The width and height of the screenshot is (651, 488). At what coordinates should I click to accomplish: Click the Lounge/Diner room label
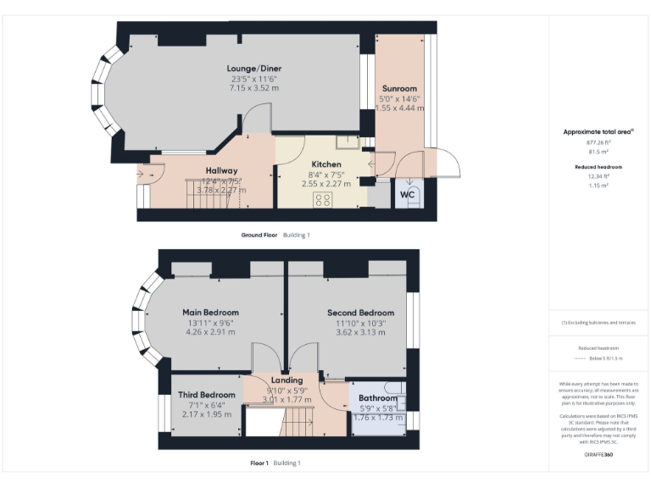[x=253, y=69]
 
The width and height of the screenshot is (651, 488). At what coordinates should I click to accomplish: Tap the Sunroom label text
[x=398, y=88]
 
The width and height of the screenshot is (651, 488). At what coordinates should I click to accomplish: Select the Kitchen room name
[x=326, y=164]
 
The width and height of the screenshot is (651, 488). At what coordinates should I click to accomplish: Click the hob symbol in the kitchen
[x=322, y=199]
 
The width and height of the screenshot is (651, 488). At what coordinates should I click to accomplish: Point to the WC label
[x=407, y=194]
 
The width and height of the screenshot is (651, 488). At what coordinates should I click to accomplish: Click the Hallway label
[x=221, y=170]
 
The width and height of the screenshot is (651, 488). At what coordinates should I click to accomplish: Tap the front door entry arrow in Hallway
[x=140, y=175]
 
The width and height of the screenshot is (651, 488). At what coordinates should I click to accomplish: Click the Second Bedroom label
[x=360, y=313]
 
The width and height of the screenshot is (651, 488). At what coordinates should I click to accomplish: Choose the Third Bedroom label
[x=206, y=395]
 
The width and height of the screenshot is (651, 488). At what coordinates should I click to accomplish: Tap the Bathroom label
[x=377, y=398]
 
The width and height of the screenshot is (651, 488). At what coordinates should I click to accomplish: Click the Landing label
[x=287, y=380]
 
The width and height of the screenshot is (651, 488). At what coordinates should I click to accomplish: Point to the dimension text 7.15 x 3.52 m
[x=253, y=88]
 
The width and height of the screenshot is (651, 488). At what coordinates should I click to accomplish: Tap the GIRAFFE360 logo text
[x=598, y=455]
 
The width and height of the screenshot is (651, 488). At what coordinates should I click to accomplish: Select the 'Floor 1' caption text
[x=259, y=463]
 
